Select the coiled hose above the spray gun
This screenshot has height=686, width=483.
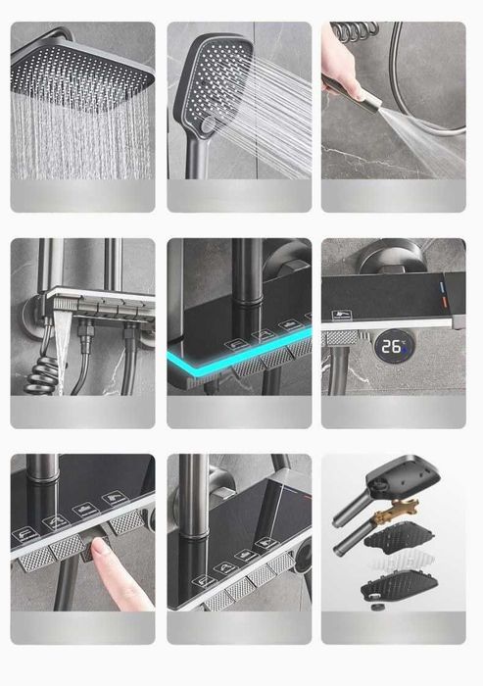[355, 30]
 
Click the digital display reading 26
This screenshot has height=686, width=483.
[392, 346]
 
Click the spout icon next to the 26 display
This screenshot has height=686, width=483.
[340, 316]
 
